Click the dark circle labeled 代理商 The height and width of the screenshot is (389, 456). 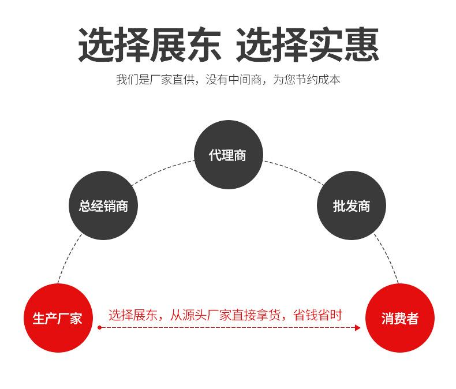[x=228, y=155]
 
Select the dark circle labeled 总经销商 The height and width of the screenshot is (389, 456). [x=104, y=206]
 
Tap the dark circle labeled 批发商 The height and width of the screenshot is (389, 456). [x=352, y=206]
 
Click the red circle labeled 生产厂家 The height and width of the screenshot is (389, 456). [x=58, y=318]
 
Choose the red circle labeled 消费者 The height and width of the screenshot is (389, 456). [x=399, y=318]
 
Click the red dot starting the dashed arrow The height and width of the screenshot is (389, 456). [x=99, y=328]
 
